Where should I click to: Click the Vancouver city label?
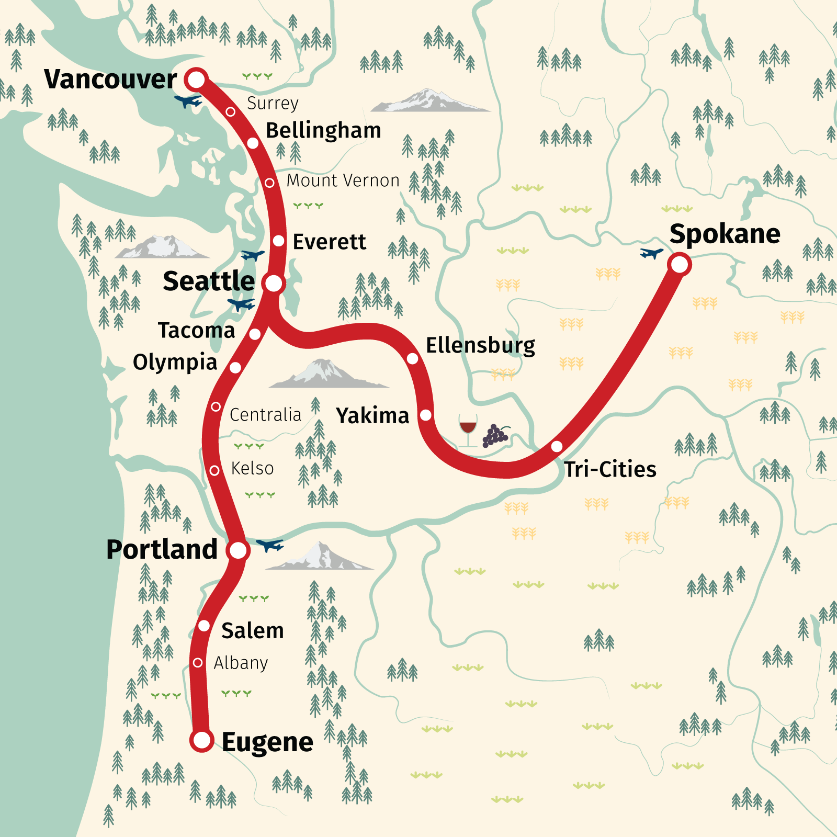click(x=110, y=80)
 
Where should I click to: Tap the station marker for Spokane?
click(x=679, y=264)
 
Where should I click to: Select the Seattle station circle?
click(x=274, y=283)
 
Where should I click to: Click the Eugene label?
click(x=267, y=742)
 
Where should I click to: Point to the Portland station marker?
click(x=238, y=550)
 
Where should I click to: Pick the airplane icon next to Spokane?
click(x=651, y=253)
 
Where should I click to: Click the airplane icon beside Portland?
click(x=270, y=545)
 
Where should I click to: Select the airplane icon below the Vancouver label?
click(x=188, y=100)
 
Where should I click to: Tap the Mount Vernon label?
click(x=343, y=180)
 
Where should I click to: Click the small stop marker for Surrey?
click(x=230, y=111)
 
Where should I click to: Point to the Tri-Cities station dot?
click(x=557, y=446)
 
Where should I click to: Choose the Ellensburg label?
click(x=480, y=346)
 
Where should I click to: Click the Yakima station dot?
click(x=426, y=415)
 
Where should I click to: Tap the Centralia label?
click(x=265, y=415)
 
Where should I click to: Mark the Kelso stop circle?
click(x=214, y=470)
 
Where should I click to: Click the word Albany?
click(x=241, y=663)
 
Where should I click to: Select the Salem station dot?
click(x=204, y=626)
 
